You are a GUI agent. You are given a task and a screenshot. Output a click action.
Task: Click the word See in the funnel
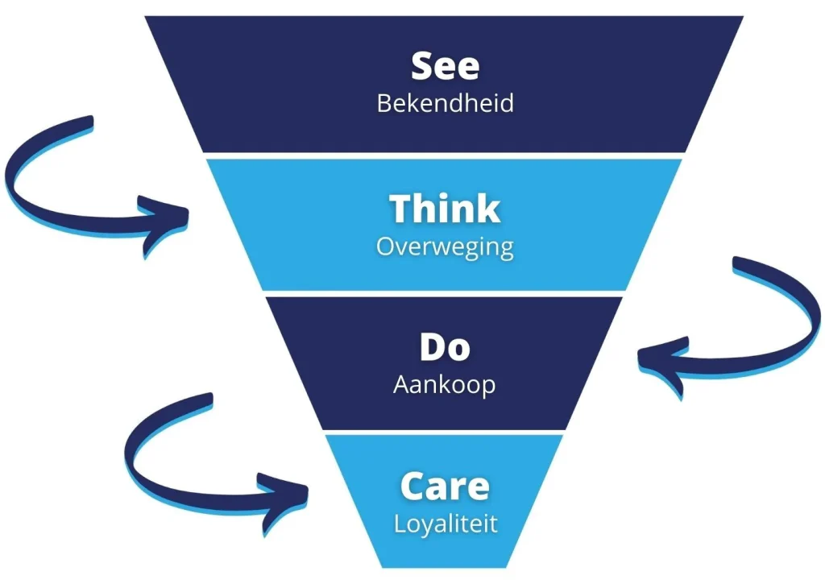[445, 66]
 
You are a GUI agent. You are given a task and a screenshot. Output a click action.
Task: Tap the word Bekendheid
[445, 104]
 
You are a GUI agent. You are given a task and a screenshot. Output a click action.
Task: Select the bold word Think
[445, 209]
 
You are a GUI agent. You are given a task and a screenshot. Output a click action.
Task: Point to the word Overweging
[445, 246]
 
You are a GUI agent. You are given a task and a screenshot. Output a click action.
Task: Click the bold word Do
[445, 347]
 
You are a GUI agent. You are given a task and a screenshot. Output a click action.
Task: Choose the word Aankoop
[445, 385]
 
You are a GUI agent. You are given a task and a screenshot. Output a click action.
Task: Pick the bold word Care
[445, 487]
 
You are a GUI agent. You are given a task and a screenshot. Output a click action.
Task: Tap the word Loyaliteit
[446, 524]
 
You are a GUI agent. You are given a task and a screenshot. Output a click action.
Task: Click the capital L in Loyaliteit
[400, 524]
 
